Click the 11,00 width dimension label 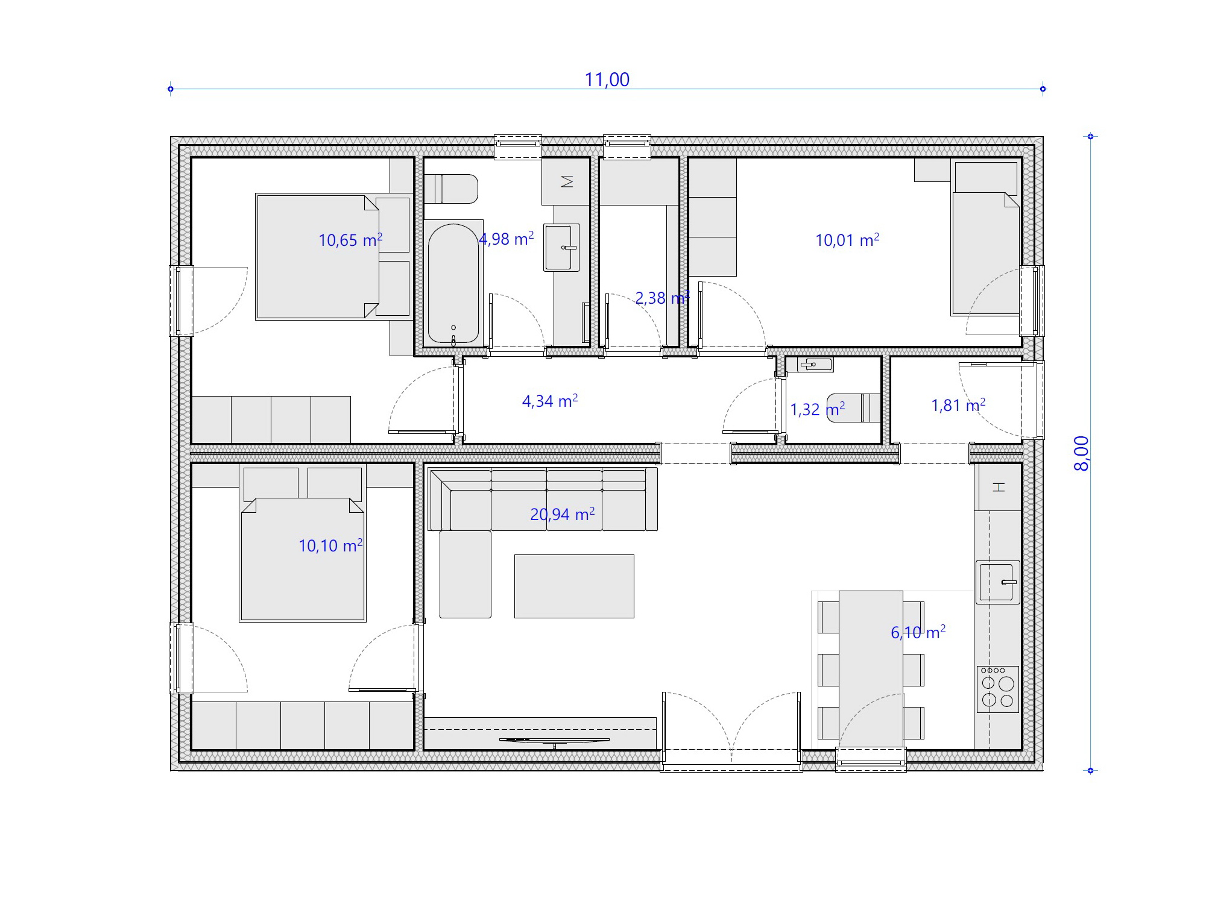click(x=607, y=80)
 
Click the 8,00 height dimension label click(x=1082, y=453)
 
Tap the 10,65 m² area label click(x=350, y=240)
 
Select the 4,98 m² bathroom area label click(x=507, y=239)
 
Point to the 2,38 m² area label click(x=662, y=298)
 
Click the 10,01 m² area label click(x=847, y=240)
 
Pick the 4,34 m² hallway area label click(x=550, y=401)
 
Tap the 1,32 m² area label click(x=818, y=410)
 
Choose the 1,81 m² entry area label click(x=958, y=405)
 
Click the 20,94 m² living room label click(x=563, y=514)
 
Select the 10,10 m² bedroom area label click(x=330, y=545)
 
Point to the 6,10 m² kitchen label click(x=918, y=632)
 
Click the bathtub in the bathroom click(x=453, y=283)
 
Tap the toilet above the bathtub click(x=451, y=189)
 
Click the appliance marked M click(x=566, y=181)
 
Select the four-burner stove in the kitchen click(x=998, y=689)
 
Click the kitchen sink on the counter click(x=998, y=582)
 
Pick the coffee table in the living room click(x=574, y=586)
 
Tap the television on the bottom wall click(x=554, y=741)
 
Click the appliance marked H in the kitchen click(x=999, y=487)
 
